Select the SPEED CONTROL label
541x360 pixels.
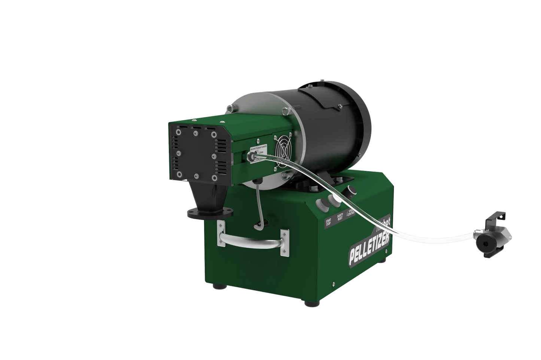351,213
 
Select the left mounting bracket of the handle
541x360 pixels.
221,235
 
